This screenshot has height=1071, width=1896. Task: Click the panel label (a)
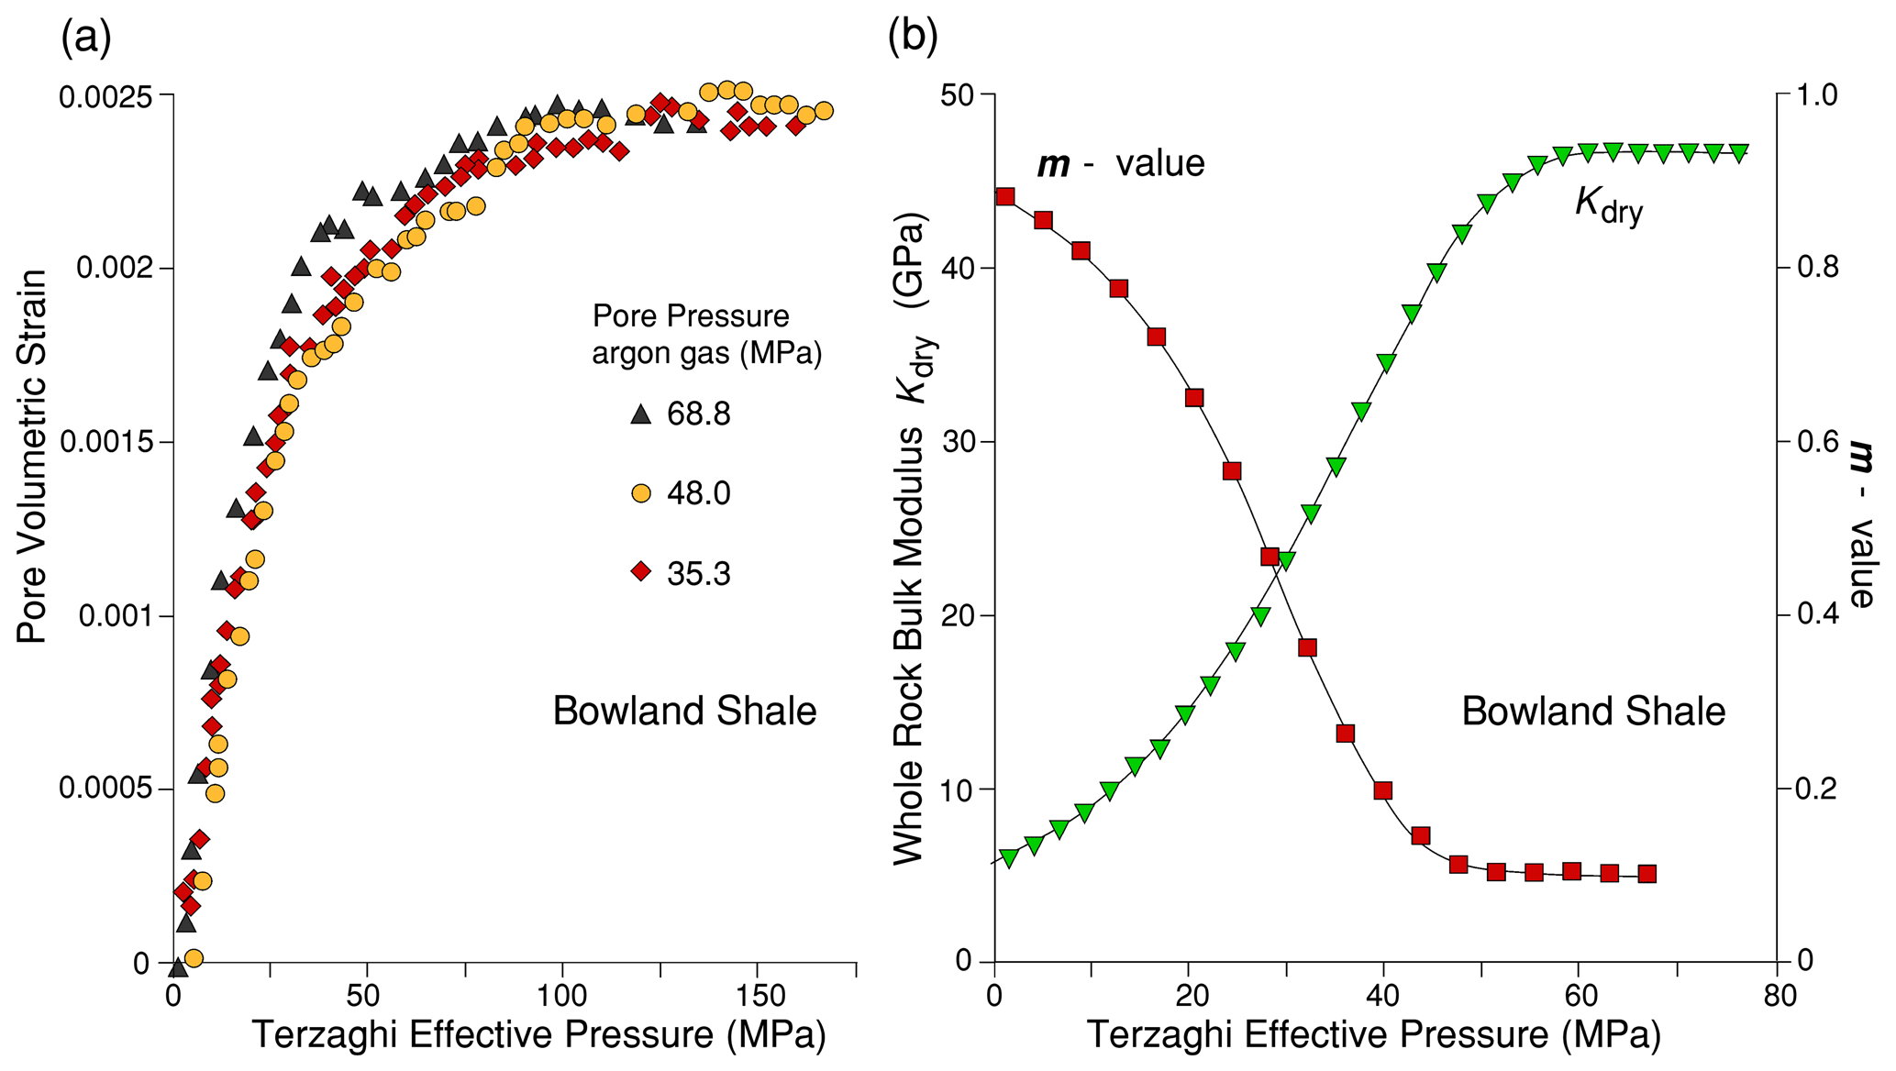(85, 39)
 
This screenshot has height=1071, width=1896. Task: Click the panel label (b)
(913, 39)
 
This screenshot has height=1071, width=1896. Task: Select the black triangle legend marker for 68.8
(641, 414)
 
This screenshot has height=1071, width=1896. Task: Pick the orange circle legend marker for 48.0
(641, 493)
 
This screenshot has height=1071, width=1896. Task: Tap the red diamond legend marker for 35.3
(641, 573)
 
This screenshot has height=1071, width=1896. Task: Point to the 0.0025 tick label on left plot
(103, 96)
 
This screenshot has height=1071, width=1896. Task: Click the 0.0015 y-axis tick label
(103, 443)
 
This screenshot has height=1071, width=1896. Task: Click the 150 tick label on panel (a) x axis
(760, 997)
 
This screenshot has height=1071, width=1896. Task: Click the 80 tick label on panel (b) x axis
(1780, 997)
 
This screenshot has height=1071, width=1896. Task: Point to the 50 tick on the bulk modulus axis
(959, 95)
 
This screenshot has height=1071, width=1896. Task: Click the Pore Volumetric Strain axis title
(32, 456)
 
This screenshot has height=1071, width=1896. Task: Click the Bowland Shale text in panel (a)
(684, 712)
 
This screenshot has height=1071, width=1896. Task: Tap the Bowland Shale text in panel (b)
(1593, 712)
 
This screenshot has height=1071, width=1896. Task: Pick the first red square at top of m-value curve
(1005, 197)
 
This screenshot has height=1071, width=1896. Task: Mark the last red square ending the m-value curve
(1647, 874)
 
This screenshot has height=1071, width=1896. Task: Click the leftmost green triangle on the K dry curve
(1009, 858)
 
